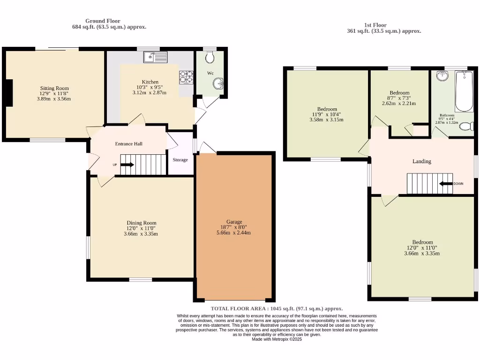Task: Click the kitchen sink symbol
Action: (156, 57)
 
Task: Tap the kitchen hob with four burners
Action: (186, 77)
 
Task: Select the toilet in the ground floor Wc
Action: (210, 58)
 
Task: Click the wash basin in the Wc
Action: (218, 84)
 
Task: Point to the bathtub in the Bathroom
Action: (464, 91)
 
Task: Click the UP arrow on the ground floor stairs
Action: (127, 165)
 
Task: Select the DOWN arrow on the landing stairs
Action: (445, 184)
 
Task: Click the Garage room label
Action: (234, 222)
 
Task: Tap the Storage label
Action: (180, 160)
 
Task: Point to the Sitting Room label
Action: (54, 88)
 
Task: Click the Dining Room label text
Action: (141, 223)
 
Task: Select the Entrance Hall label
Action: (128, 144)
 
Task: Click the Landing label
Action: (421, 161)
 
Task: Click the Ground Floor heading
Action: (103, 21)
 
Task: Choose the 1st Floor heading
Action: (375, 25)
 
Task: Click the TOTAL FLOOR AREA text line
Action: (277, 308)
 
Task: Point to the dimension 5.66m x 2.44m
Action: (234, 232)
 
